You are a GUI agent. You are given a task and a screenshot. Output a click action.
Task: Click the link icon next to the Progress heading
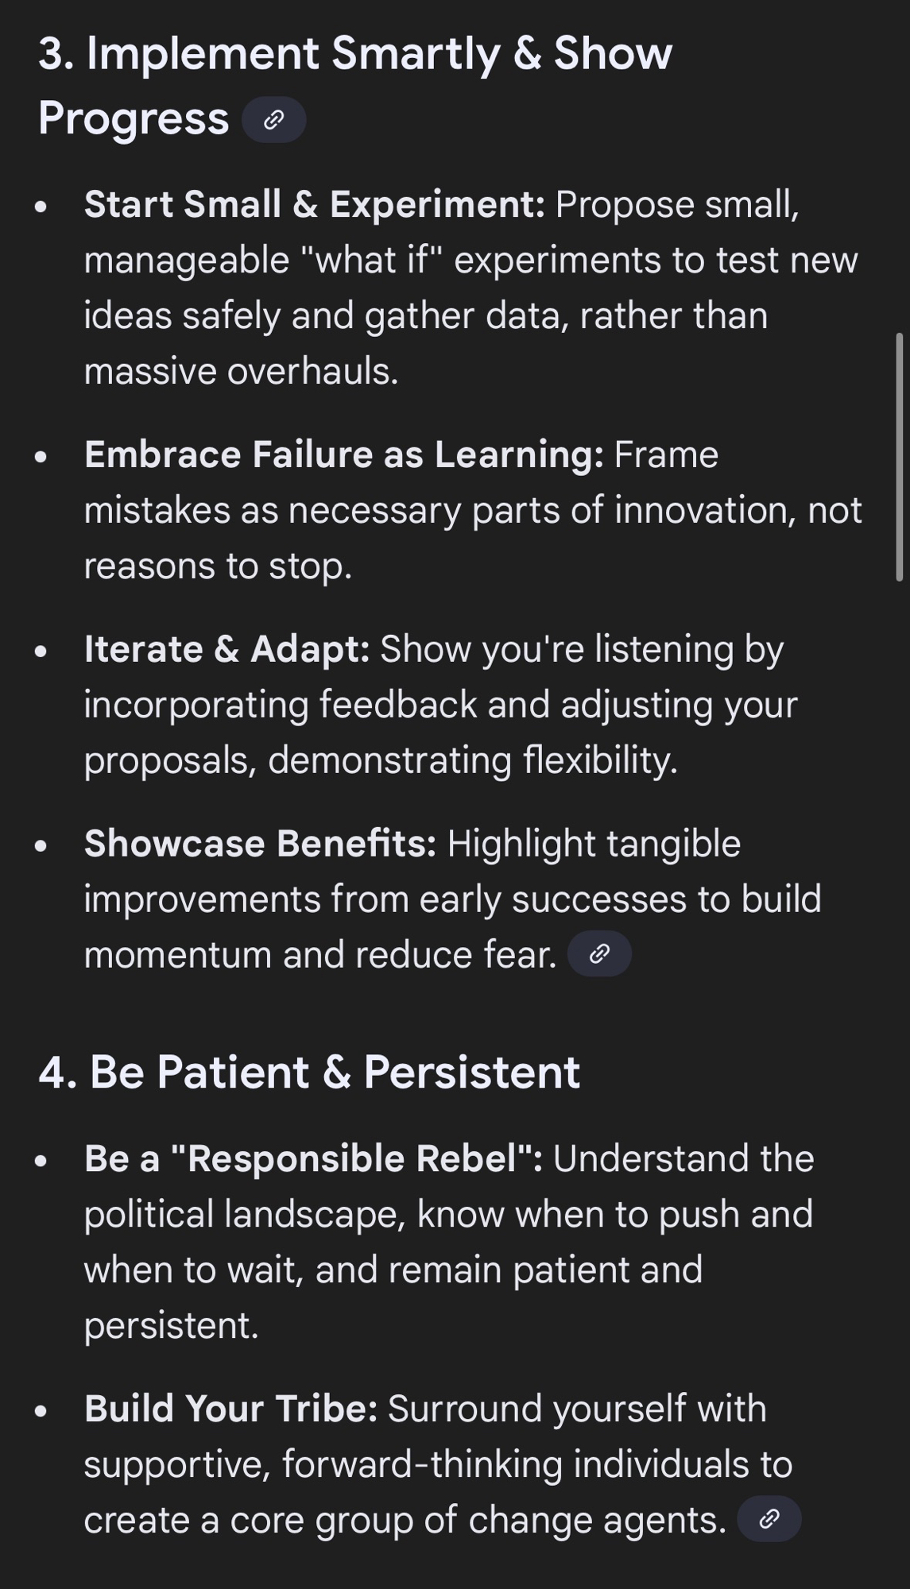(273, 120)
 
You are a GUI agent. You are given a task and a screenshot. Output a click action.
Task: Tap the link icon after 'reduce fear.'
(599, 953)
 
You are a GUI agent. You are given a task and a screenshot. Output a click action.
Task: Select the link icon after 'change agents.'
(769, 1519)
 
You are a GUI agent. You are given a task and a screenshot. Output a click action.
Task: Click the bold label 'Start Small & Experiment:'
(315, 204)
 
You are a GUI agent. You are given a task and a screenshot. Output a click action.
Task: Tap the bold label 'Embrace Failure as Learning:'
(344, 454)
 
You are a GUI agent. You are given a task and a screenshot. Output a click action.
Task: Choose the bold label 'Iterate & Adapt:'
(227, 649)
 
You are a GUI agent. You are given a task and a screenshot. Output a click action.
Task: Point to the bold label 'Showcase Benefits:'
(261, 843)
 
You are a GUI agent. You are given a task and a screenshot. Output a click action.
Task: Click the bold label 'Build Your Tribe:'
(231, 1409)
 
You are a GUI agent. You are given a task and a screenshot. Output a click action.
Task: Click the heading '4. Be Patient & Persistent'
(309, 1072)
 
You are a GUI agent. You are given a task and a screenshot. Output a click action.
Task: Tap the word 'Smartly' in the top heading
(416, 55)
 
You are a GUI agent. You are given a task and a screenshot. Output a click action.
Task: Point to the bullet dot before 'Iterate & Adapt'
(41, 651)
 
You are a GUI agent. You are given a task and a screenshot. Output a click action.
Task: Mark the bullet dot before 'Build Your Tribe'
(41, 1411)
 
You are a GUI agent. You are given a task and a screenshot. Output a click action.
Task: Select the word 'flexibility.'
(600, 760)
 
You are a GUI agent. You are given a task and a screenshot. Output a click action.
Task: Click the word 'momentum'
(178, 955)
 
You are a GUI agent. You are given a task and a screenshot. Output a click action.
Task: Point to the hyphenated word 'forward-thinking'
(422, 1464)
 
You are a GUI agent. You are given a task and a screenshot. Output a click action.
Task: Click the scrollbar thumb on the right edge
(900, 457)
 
